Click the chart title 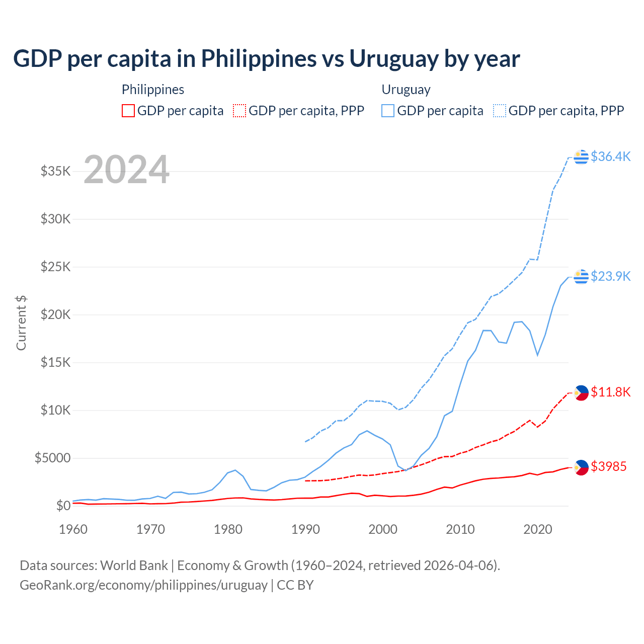pos(267,59)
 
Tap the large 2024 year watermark pos(126,170)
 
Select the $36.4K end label pos(610,156)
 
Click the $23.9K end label pos(610,276)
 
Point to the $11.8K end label pos(610,392)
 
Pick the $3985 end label pos(608,466)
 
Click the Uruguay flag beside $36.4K pos(581,157)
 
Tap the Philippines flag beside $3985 pos(581,467)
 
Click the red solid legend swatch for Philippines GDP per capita pos(128,111)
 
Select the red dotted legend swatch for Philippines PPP pos(239,111)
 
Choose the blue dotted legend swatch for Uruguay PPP pos(500,111)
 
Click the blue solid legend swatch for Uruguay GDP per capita pos(388,111)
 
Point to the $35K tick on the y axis pos(55,171)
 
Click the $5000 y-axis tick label pos(52,458)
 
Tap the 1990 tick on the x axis pos(305,529)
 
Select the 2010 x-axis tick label pos(460,529)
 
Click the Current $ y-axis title pos(21,323)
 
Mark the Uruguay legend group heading pos(406,90)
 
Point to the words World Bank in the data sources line pos(134,566)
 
